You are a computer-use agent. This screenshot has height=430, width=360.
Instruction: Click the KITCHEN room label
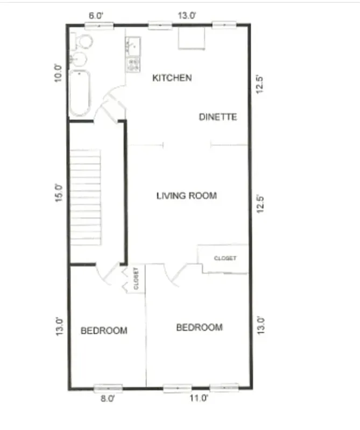[x=172, y=78]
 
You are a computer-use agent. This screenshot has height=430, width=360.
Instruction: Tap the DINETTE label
[x=217, y=117]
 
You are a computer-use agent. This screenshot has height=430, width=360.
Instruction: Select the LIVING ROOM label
[x=186, y=196]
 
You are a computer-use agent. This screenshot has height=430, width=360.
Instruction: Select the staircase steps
[x=86, y=196]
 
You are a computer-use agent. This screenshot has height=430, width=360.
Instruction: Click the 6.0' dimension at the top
[x=95, y=16]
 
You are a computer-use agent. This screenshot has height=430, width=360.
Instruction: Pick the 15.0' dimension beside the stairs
[x=59, y=192]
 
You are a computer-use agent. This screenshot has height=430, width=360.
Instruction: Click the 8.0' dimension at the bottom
[x=108, y=398]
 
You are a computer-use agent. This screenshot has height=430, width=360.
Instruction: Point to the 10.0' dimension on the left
[x=59, y=72]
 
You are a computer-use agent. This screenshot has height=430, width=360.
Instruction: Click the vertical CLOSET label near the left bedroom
[x=136, y=279]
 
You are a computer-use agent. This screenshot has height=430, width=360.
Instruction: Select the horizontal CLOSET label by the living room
[x=225, y=259]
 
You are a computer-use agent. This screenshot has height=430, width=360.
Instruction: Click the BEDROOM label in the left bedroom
[x=104, y=331]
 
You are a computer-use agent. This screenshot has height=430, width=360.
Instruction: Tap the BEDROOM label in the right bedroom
[x=199, y=327]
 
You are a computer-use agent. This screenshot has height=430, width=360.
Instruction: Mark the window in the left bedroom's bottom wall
[x=108, y=388]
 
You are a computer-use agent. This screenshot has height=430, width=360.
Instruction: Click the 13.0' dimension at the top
[x=186, y=16]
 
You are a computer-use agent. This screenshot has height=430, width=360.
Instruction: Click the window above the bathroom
[x=100, y=25]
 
